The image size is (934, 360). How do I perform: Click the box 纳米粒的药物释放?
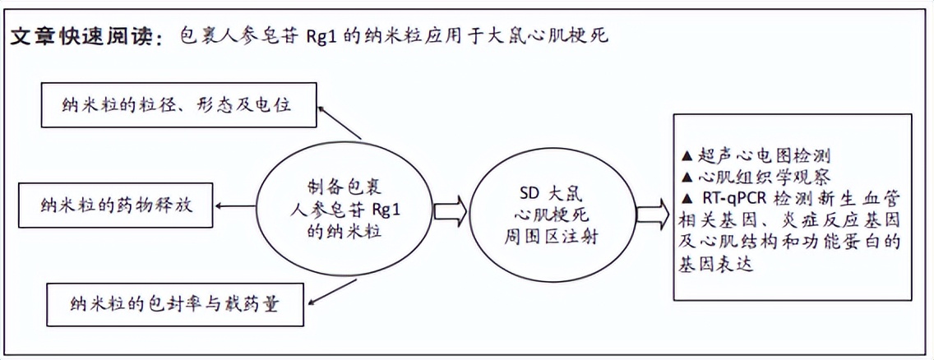116,205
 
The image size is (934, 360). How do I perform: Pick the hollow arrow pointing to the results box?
652,213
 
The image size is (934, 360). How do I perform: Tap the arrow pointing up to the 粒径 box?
340,122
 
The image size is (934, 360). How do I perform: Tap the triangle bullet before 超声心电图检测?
687,157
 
